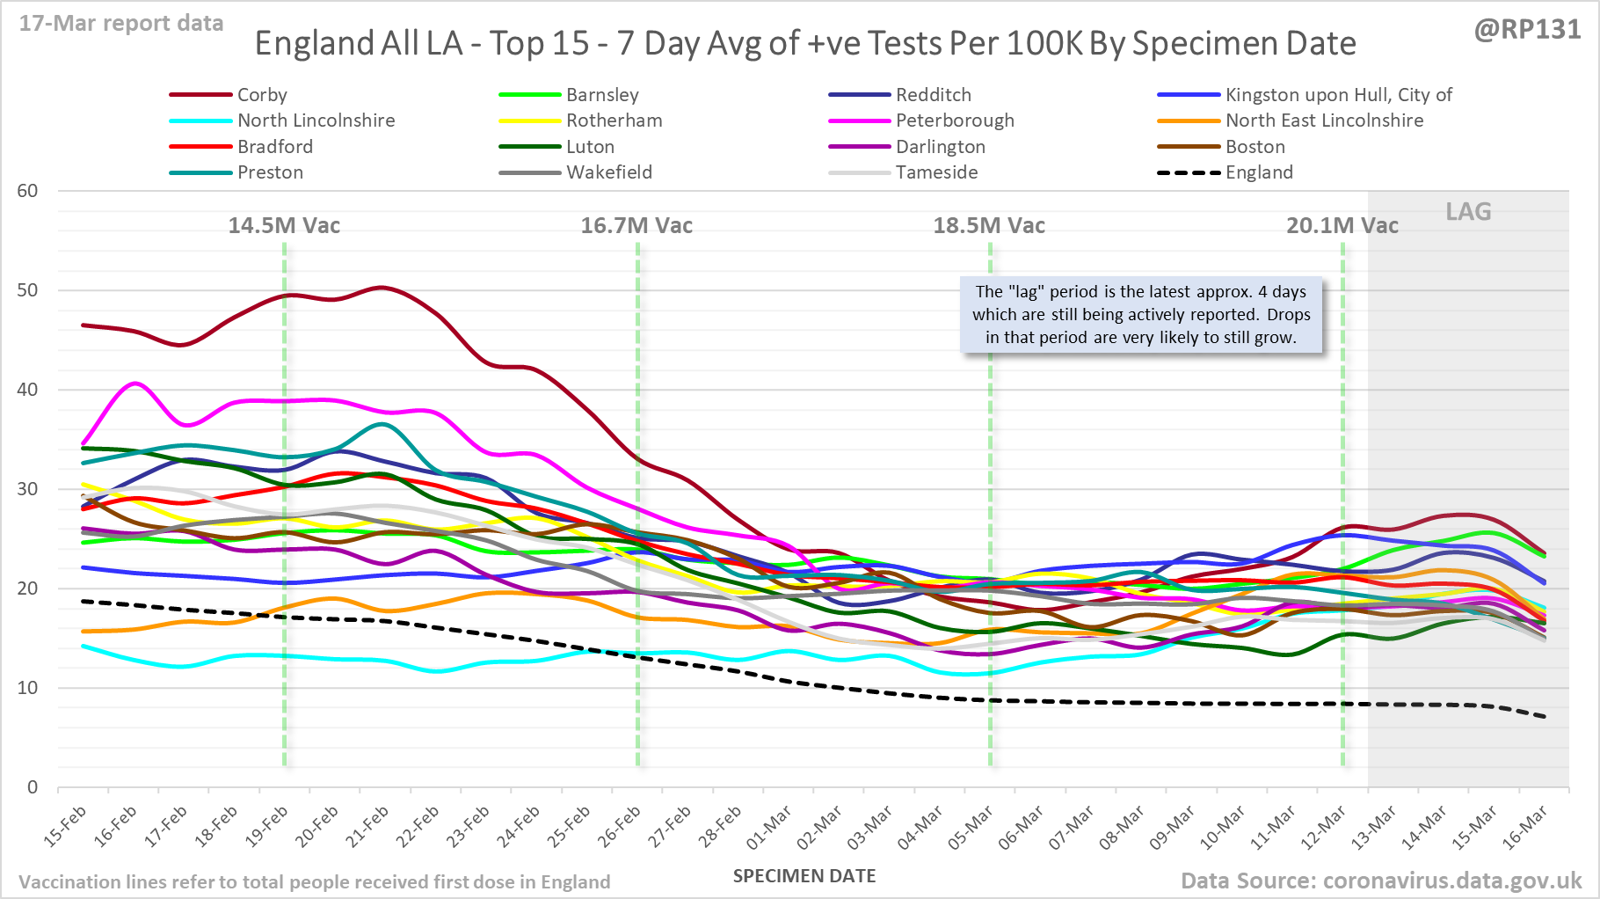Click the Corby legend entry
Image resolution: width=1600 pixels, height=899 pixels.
coord(262,95)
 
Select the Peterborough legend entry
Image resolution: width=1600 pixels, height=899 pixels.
coord(955,121)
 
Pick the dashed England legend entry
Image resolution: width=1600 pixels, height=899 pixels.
coord(1259,172)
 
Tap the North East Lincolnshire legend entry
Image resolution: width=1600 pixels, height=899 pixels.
coord(1324,121)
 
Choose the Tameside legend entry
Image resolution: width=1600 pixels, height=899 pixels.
coord(936,172)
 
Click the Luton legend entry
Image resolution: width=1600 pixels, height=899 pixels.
coord(590,147)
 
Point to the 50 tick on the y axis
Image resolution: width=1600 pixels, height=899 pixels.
coord(28,290)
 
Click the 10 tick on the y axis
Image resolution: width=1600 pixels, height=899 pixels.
coord(28,688)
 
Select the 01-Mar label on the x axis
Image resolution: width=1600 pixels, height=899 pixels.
coord(769,828)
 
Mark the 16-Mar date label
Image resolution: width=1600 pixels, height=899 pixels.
coord(1525,828)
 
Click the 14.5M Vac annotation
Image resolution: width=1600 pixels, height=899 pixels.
coord(284,226)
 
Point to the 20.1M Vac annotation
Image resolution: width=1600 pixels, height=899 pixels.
coord(1342,226)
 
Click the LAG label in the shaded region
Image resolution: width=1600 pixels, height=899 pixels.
coord(1468,212)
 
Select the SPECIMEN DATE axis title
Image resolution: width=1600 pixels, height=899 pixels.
coord(804,876)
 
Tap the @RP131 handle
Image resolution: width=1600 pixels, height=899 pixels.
coord(1527,30)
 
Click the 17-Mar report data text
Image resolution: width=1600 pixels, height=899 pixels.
coord(121,24)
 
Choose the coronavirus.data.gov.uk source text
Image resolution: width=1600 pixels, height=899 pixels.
coord(1451,881)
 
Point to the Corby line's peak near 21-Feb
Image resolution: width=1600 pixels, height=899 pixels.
coord(381,288)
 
